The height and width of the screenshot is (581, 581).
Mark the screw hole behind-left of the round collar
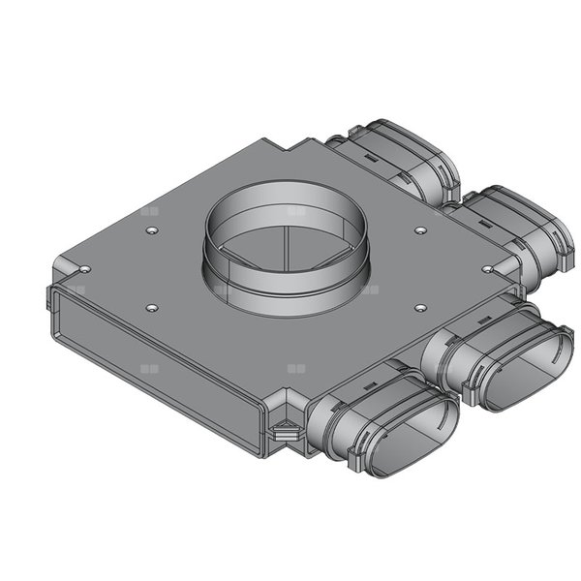pyautogui.click(x=152, y=230)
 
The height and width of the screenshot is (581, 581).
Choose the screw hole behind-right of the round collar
pyautogui.click(x=419, y=230)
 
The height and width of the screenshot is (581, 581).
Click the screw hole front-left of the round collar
pyautogui.click(x=152, y=307)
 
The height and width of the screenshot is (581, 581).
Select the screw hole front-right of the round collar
pyautogui.click(x=419, y=307)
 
